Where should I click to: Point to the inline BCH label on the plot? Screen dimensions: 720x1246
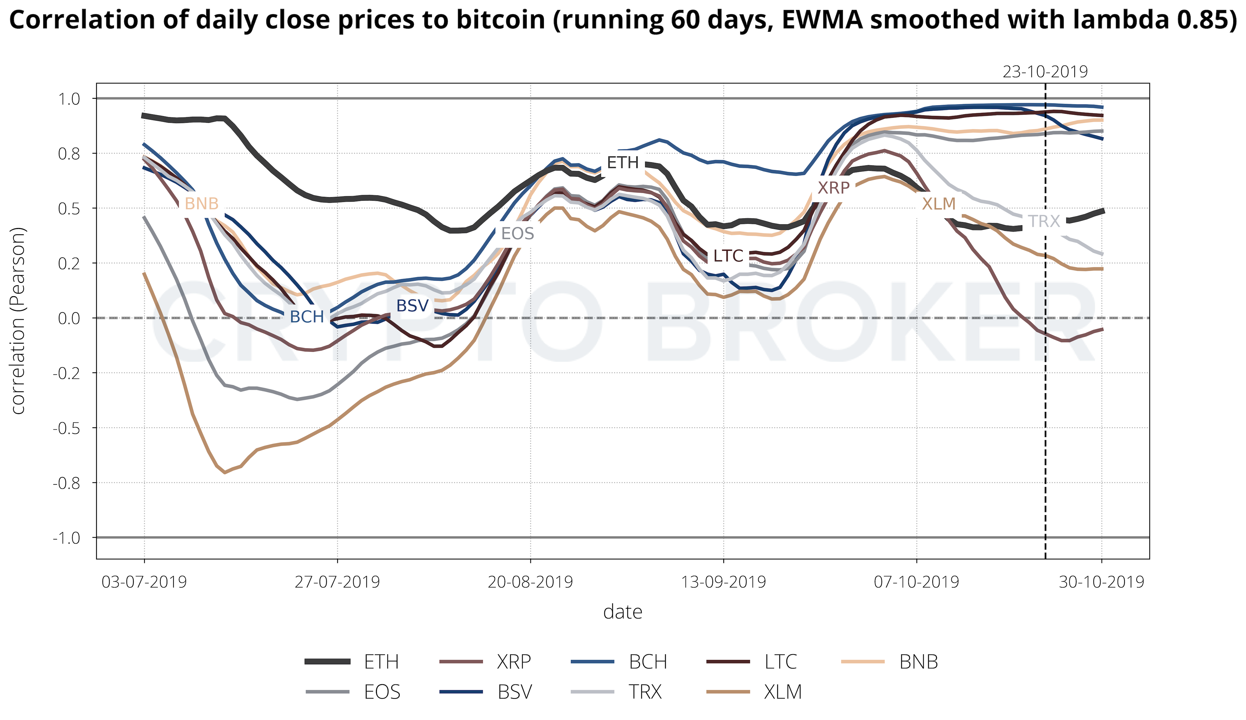pos(307,317)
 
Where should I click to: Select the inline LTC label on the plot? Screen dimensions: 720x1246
pos(728,256)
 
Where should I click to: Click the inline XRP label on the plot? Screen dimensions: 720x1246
pos(833,188)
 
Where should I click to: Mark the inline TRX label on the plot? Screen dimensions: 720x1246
pos(1044,222)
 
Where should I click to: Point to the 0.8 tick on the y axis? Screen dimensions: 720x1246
pos(69,154)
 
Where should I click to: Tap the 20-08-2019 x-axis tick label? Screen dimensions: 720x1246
pos(530,582)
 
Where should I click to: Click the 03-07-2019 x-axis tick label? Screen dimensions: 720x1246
pos(144,582)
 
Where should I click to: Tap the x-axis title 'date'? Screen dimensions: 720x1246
pos(622,612)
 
